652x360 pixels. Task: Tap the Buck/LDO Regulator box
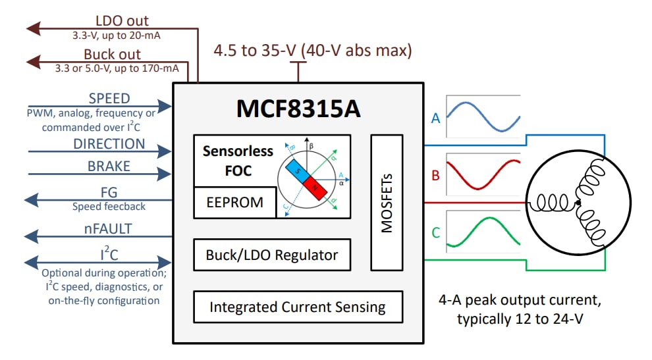271,255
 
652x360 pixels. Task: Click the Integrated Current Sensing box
297,307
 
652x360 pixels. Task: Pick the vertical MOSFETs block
387,202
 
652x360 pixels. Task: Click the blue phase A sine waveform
483,116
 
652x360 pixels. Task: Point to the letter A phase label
435,118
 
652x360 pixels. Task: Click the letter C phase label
435,232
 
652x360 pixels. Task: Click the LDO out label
122,21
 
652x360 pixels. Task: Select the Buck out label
112,54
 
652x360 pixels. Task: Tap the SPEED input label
109,98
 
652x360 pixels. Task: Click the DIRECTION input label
109,143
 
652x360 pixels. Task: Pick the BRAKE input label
109,167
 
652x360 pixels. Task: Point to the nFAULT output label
109,229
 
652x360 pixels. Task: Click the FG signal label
109,193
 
